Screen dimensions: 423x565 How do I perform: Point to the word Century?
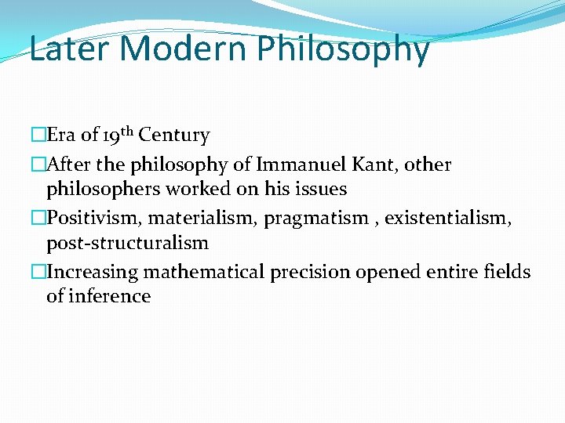pyautogui.click(x=174, y=136)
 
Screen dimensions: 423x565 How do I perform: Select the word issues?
pyautogui.click(x=319, y=189)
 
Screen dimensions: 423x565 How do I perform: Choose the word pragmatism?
pyautogui.click(x=316, y=219)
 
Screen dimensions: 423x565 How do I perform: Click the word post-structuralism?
pyautogui.click(x=127, y=243)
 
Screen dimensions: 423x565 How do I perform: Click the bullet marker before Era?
pyautogui.click(x=38, y=136)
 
